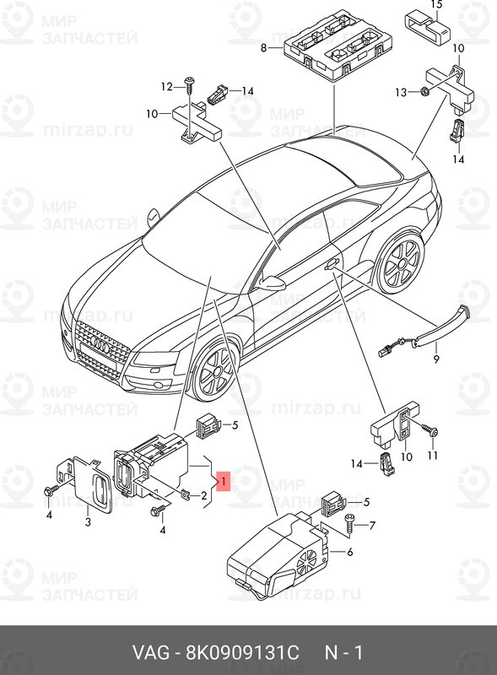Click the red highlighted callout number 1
(224, 481)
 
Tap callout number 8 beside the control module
(264, 48)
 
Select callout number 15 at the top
(436, 5)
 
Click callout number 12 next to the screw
(167, 87)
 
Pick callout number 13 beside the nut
(401, 92)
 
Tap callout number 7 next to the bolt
(371, 525)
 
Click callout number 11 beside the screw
(432, 455)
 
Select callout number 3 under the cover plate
(88, 522)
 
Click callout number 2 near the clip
(203, 496)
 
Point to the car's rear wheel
(400, 261)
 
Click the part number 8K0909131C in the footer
(242, 653)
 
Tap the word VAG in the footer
(151, 653)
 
